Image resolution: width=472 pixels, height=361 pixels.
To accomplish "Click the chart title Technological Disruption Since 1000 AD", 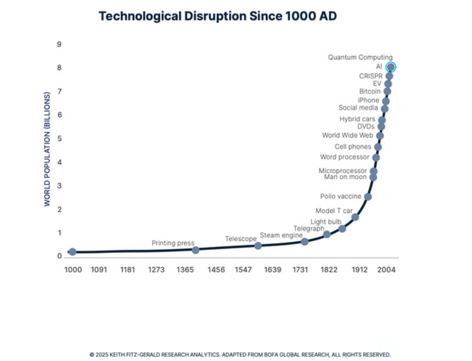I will pos(217,16).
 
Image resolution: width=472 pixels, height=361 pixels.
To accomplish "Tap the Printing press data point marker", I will pos(196,250).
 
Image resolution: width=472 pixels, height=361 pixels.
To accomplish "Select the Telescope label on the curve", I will pos(241,239).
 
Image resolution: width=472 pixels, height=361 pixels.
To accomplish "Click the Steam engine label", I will pos(281,235).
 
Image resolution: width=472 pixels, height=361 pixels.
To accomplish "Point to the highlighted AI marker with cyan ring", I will pos(391,67).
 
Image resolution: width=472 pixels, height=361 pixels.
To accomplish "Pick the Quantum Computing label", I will pos(360,57).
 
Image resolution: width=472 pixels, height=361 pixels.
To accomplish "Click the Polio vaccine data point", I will pos(368,197).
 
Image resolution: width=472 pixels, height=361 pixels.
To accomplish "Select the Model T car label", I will pos(334,211).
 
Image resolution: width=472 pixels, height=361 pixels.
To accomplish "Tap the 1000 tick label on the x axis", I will pos(73,270).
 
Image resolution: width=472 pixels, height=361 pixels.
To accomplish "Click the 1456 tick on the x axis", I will pos(216,270).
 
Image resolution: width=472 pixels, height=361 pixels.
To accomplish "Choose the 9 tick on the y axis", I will pos(59,45).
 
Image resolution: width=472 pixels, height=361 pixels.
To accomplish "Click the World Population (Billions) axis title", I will pos(47,149).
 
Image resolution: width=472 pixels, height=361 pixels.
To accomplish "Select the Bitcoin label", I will pos(370,91).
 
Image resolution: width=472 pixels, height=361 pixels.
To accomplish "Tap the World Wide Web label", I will pos(347,135).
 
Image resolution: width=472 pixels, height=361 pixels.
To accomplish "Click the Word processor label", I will pos(344,157).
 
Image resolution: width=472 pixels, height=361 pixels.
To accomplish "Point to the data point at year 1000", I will pos(72,252).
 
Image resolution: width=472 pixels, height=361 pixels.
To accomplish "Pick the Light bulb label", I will pos(326,222).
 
